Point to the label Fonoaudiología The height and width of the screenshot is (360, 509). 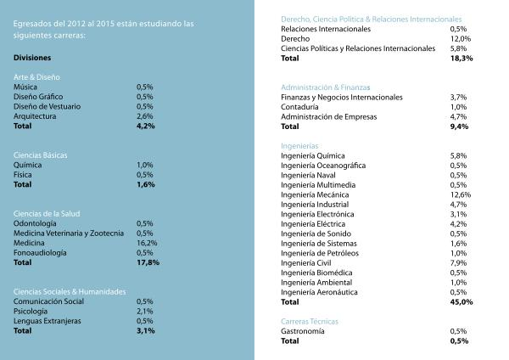[x=41, y=253]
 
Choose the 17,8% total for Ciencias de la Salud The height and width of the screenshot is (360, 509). [x=148, y=263]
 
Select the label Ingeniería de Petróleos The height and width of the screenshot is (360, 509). [x=320, y=253]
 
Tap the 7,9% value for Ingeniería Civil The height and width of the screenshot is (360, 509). [x=458, y=262]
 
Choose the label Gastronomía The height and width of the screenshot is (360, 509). [x=303, y=331]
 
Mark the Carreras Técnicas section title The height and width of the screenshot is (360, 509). [x=309, y=322]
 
